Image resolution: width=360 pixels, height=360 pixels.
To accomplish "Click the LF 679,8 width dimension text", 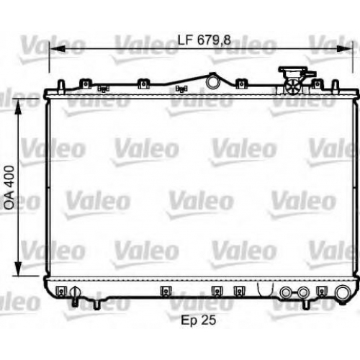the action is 204,40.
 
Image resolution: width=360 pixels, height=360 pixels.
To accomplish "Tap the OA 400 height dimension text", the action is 9,187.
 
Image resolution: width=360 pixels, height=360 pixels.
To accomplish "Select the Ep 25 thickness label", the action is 199,320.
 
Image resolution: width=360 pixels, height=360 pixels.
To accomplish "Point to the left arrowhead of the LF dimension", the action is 57,49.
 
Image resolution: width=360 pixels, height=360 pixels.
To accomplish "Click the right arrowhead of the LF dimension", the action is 345,49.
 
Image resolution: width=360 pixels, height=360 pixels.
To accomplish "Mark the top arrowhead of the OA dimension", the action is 18,107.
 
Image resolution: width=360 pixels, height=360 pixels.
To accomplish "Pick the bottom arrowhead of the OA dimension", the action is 18,269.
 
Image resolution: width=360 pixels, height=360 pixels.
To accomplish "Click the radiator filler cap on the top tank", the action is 293,81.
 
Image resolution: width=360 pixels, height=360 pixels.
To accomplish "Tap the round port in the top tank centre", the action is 212,81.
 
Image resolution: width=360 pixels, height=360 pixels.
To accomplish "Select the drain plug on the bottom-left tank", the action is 76,296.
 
